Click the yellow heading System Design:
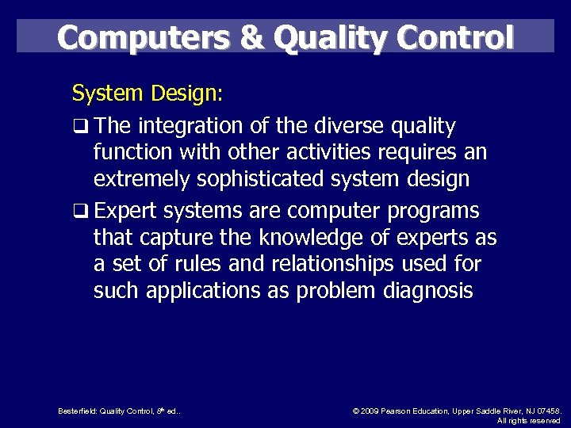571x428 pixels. pyautogui.click(x=148, y=94)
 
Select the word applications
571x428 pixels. pyautogui.click(x=197, y=291)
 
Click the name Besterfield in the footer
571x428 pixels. pyautogui.click(x=77, y=411)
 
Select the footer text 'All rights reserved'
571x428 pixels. pyautogui.click(x=528, y=421)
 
